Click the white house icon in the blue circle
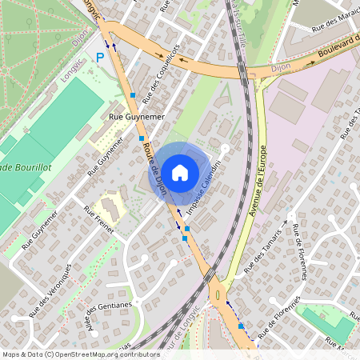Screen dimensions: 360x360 pos(179,172)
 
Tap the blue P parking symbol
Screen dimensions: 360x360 pos(100,57)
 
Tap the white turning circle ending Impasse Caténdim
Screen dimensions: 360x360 pos(226,148)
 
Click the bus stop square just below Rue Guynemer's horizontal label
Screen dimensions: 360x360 pos(142,138)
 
